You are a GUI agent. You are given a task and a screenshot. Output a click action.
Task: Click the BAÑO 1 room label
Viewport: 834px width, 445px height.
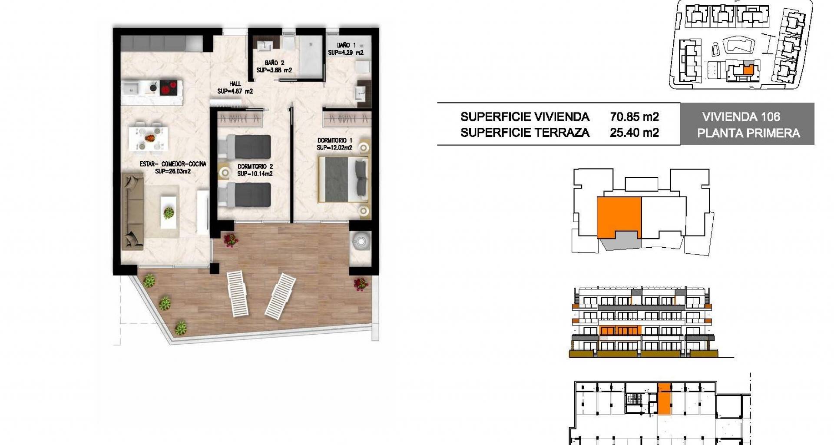pos(346,45)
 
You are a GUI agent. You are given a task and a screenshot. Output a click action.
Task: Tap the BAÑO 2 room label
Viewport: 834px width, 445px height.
pos(274,63)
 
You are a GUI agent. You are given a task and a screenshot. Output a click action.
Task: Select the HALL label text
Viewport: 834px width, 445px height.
pos(235,84)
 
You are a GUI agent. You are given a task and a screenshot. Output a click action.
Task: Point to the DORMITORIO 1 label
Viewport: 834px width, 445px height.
pos(334,140)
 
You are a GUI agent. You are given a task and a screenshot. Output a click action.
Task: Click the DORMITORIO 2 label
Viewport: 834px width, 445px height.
pos(255,166)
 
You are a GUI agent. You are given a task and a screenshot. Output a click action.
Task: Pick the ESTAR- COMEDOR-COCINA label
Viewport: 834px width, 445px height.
pos(173,164)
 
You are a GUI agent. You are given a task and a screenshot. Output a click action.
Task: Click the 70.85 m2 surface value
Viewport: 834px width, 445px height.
pos(634,116)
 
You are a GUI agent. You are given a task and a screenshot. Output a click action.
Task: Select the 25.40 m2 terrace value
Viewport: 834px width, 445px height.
pos(634,133)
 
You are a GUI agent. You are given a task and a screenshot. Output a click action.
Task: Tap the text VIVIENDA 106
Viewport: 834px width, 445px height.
pos(741,116)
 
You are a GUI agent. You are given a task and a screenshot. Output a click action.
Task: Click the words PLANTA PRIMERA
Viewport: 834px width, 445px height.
pos(748,133)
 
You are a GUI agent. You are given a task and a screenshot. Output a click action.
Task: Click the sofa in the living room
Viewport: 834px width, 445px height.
pos(132,211)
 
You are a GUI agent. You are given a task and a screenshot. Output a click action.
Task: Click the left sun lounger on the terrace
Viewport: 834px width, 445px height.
pos(238,293)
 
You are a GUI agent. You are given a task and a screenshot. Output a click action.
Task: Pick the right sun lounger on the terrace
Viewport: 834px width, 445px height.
pos(280,296)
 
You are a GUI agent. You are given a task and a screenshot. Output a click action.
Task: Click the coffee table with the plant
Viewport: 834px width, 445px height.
pos(169,212)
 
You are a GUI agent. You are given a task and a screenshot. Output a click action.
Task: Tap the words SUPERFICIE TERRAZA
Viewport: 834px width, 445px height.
pos(525,133)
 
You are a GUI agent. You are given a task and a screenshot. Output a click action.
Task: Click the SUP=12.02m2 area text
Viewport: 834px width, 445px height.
pos(334,148)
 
